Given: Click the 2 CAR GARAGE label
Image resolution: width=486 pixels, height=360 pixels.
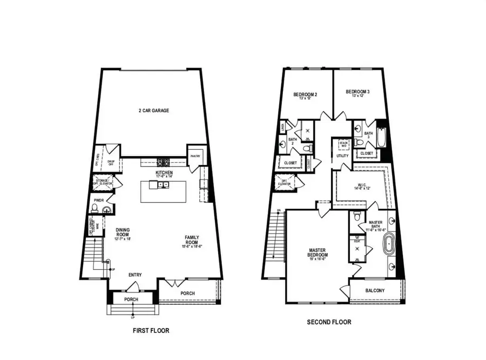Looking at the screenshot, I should click(x=154, y=111).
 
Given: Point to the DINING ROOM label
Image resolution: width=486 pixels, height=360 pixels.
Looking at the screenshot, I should click(x=123, y=232).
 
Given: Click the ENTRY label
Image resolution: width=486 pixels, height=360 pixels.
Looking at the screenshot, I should click(x=135, y=275).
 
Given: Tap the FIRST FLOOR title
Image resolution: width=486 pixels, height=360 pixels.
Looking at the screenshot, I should click(x=154, y=330).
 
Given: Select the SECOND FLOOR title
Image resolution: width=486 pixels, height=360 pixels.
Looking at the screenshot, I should click(x=329, y=322).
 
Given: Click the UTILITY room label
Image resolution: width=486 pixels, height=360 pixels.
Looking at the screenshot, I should click(x=343, y=156).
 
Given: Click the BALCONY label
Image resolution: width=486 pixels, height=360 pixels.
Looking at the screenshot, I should click(x=375, y=291).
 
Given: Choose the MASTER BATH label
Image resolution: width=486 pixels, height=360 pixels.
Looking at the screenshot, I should click(x=375, y=225).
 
